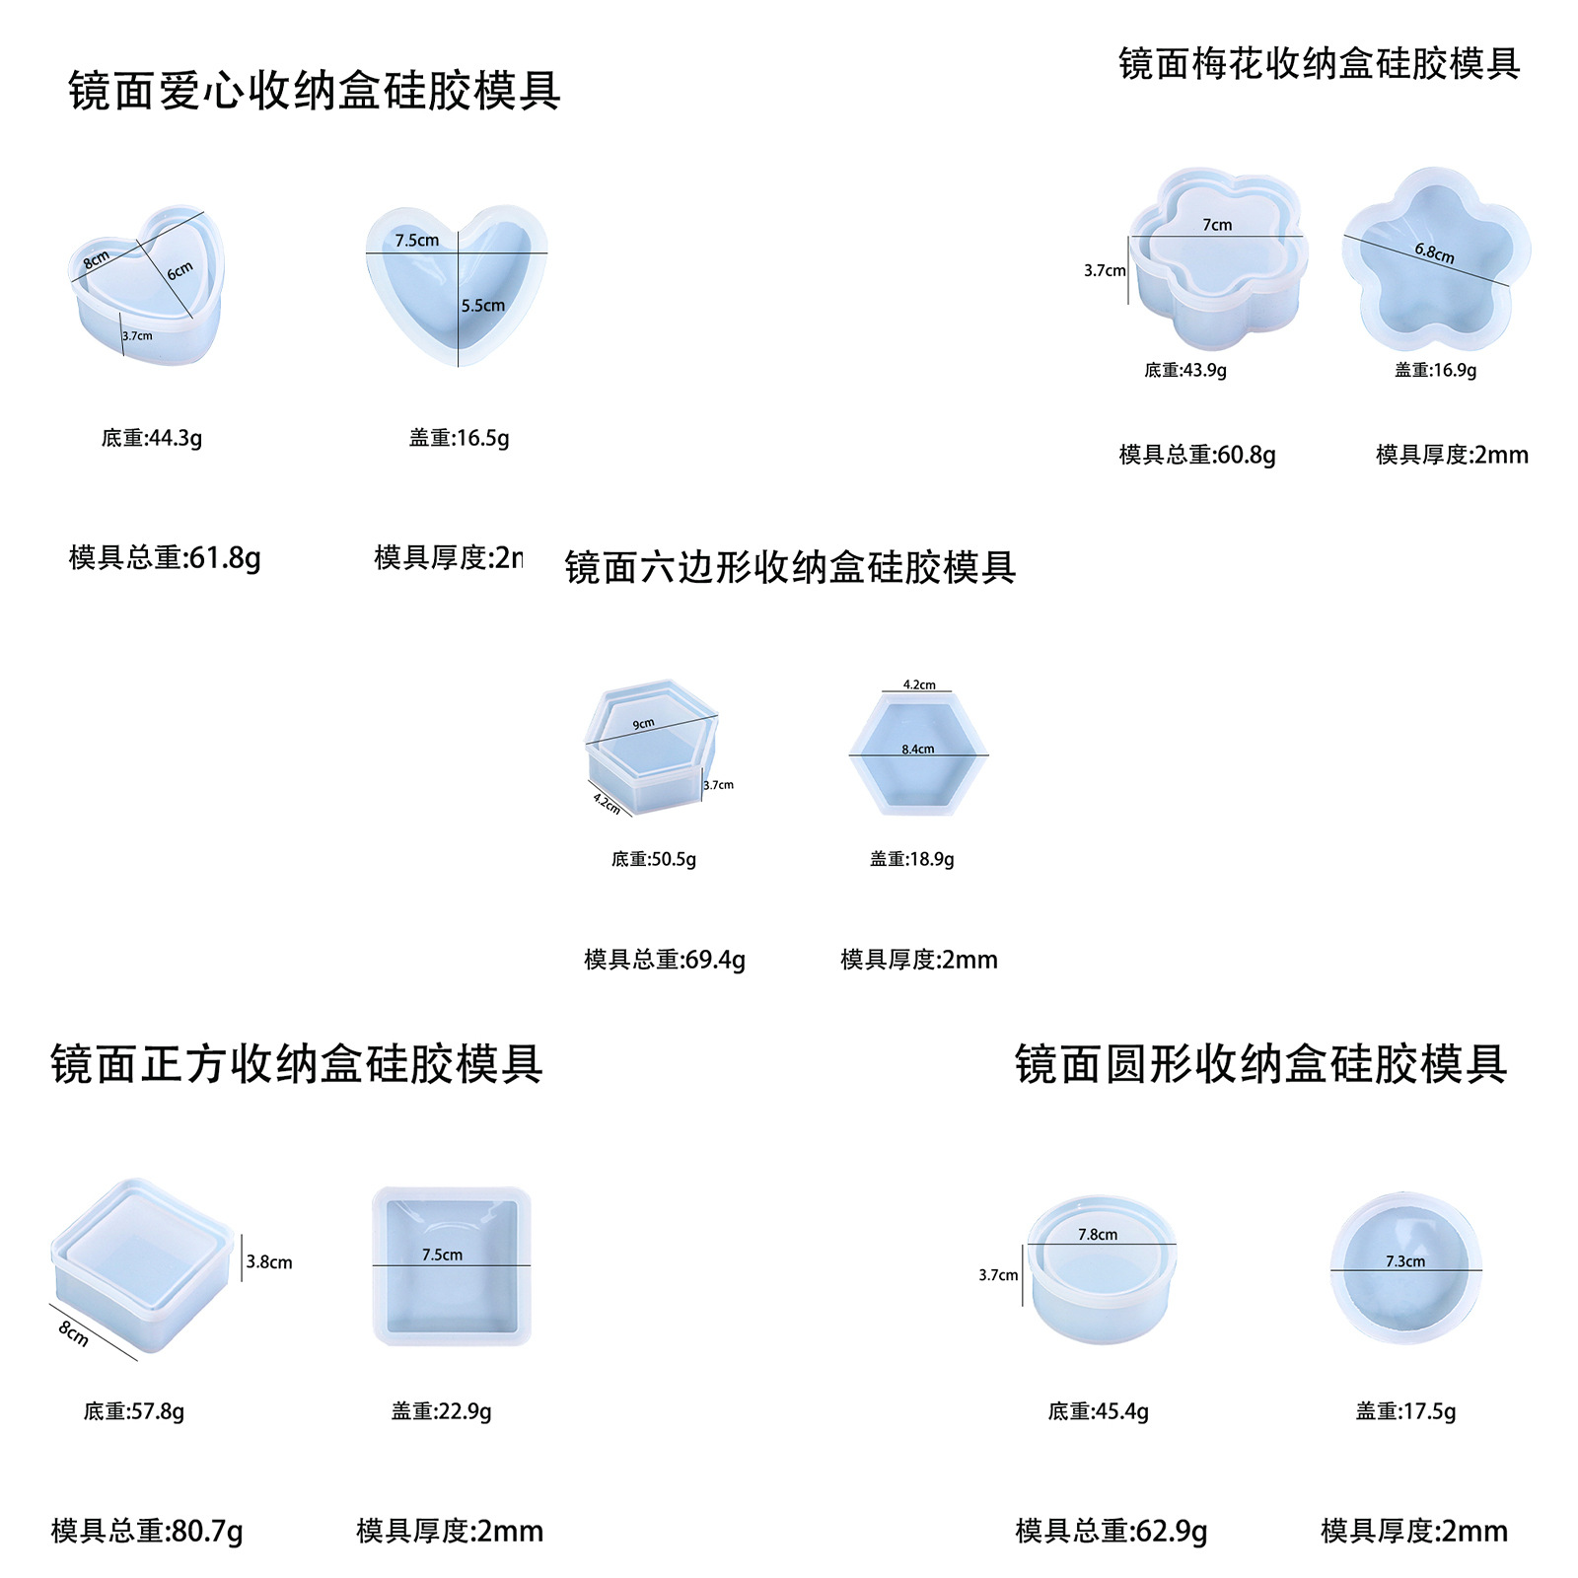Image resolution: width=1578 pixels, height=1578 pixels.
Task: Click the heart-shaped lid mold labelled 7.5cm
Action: point(457,286)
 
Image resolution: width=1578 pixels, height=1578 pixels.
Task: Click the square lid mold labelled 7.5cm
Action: point(452,1267)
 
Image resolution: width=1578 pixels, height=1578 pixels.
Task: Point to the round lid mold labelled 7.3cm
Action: point(1405,1269)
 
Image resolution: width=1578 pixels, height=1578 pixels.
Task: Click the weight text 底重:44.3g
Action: point(152,438)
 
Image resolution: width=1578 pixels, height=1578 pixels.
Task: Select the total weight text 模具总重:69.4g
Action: point(665,960)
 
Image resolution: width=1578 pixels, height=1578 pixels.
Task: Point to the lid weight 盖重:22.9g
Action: point(441,1411)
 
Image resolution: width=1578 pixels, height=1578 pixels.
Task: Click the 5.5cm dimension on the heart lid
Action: point(483,306)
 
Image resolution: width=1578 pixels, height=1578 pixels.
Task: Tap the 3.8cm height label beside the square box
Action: point(269,1261)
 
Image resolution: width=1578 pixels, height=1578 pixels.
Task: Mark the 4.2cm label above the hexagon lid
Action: point(919,684)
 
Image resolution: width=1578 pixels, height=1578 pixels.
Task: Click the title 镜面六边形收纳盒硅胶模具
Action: point(790,567)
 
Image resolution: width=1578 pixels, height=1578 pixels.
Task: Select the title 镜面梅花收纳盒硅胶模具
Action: point(1319,64)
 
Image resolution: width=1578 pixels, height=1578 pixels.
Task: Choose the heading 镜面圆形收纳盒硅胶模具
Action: point(1260,1064)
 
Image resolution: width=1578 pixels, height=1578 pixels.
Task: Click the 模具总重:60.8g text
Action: point(1197,455)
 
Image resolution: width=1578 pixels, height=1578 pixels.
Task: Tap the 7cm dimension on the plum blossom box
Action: point(1217,225)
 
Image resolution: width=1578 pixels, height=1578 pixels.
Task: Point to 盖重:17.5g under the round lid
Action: point(1405,1411)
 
